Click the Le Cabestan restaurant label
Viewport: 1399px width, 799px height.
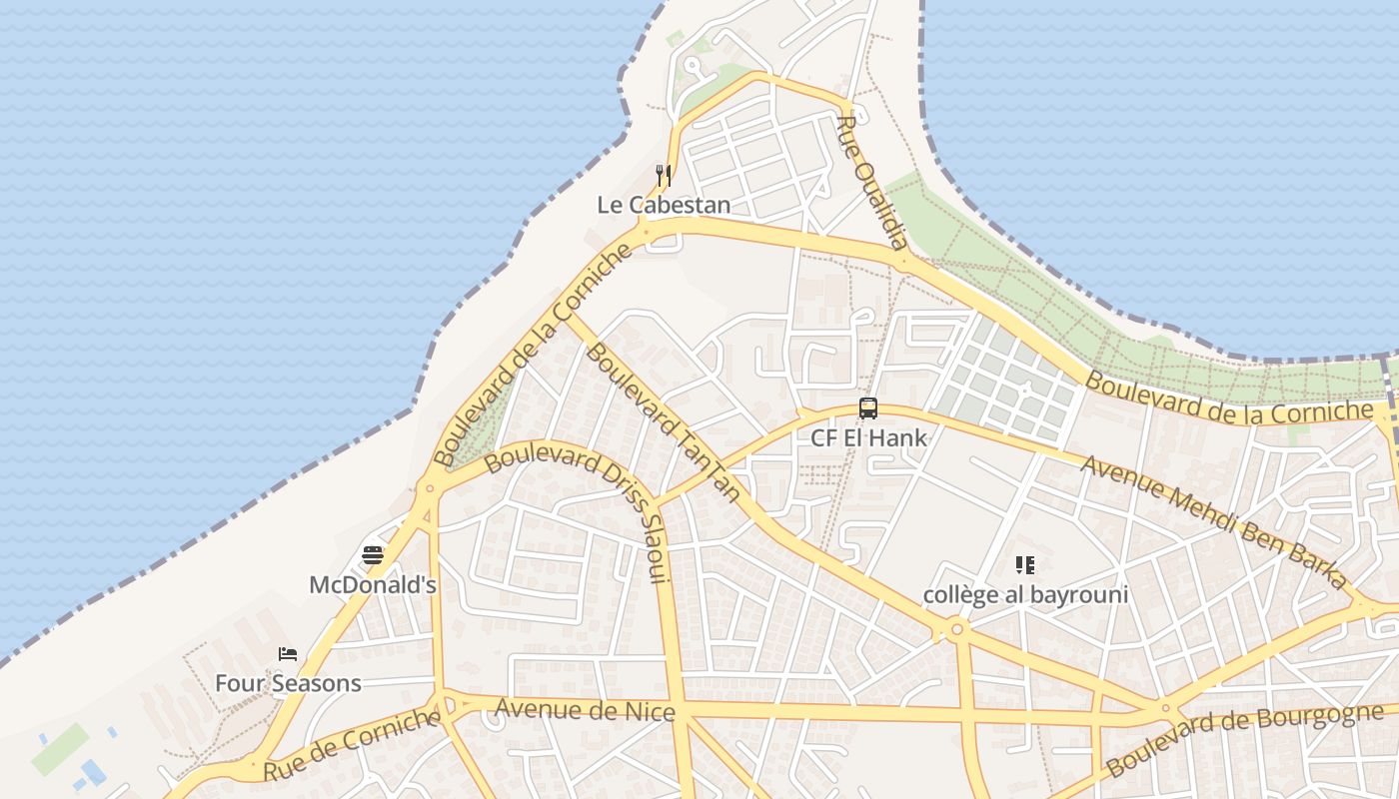click(x=664, y=206)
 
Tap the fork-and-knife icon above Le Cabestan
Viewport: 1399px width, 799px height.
click(x=662, y=175)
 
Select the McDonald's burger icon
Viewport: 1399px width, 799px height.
click(x=373, y=555)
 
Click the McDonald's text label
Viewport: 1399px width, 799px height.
click(x=373, y=585)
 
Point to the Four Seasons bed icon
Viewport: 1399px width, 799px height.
click(x=288, y=654)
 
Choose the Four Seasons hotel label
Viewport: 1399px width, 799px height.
click(x=288, y=684)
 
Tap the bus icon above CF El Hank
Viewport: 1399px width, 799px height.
click(x=868, y=408)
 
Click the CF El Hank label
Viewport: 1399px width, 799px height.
click(x=868, y=438)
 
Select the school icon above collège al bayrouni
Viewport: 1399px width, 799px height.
click(x=1024, y=565)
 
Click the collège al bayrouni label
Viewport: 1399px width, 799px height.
click(x=1025, y=595)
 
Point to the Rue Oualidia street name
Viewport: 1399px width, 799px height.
click(x=873, y=183)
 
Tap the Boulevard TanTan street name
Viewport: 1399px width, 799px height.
click(x=664, y=420)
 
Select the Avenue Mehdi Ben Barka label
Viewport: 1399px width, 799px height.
click(x=1214, y=521)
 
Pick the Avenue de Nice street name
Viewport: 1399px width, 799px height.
click(x=586, y=711)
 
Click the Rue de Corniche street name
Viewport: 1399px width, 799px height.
click(x=352, y=744)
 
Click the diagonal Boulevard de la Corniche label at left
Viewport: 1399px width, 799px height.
click(x=534, y=357)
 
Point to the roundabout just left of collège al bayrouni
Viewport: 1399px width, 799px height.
click(x=956, y=629)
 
